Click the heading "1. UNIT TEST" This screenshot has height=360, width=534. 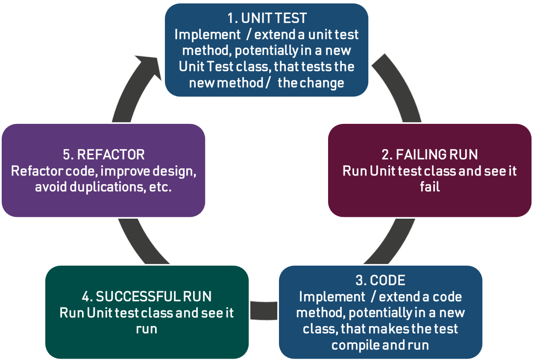pos(267,18)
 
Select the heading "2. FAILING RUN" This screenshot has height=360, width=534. pos(430,155)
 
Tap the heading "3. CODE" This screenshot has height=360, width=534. pos(380,280)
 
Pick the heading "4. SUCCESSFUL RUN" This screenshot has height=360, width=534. pos(147,296)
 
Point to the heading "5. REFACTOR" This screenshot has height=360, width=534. pos(104,155)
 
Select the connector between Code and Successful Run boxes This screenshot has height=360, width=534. pos(264,311)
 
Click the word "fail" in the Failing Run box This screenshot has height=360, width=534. pos(430,187)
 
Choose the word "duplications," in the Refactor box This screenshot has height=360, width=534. pos(108,187)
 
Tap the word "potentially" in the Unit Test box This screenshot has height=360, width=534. pos(267,51)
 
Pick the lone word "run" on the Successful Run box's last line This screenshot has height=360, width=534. pos(147,330)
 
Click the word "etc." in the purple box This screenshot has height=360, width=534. pos(160,187)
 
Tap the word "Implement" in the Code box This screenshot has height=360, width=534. pos(332,297)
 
